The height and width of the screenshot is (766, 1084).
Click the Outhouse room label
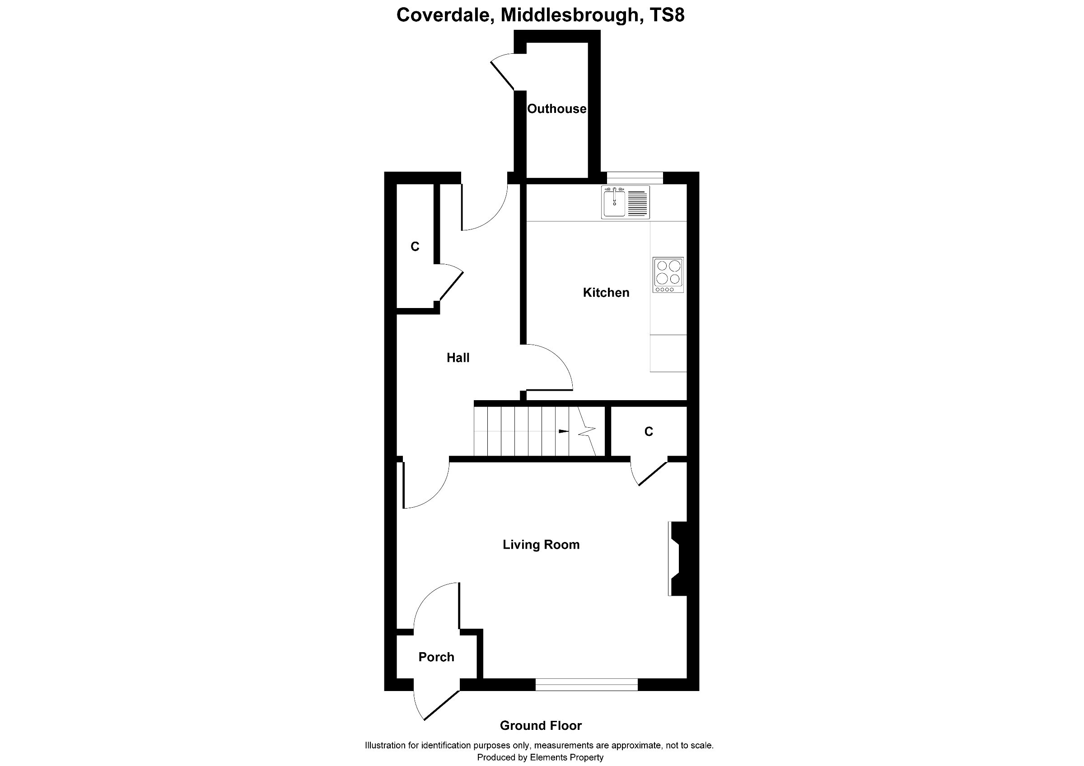pos(556,109)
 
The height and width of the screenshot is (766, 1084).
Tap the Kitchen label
pos(606,293)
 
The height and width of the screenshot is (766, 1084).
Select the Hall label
pos(458,358)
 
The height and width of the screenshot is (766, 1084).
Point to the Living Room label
pos(541,545)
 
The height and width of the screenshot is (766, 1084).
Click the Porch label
pos(436,657)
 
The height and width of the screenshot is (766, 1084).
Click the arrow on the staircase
pos(564,431)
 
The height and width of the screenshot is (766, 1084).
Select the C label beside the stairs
pos(649,431)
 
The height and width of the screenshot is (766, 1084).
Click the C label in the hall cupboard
pos(415,246)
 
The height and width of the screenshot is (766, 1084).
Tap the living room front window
pos(586,685)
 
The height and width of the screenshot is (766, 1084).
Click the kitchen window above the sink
pos(635,177)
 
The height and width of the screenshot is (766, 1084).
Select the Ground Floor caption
pos(541,725)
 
